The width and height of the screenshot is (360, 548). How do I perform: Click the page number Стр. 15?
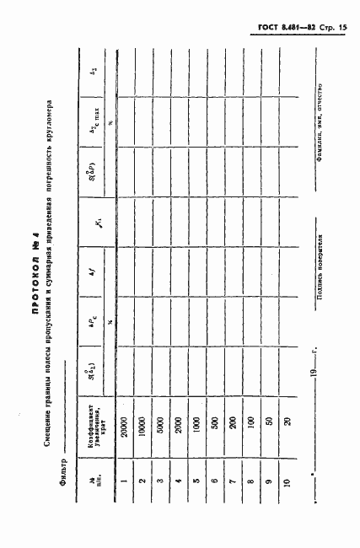(x=336, y=29)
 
